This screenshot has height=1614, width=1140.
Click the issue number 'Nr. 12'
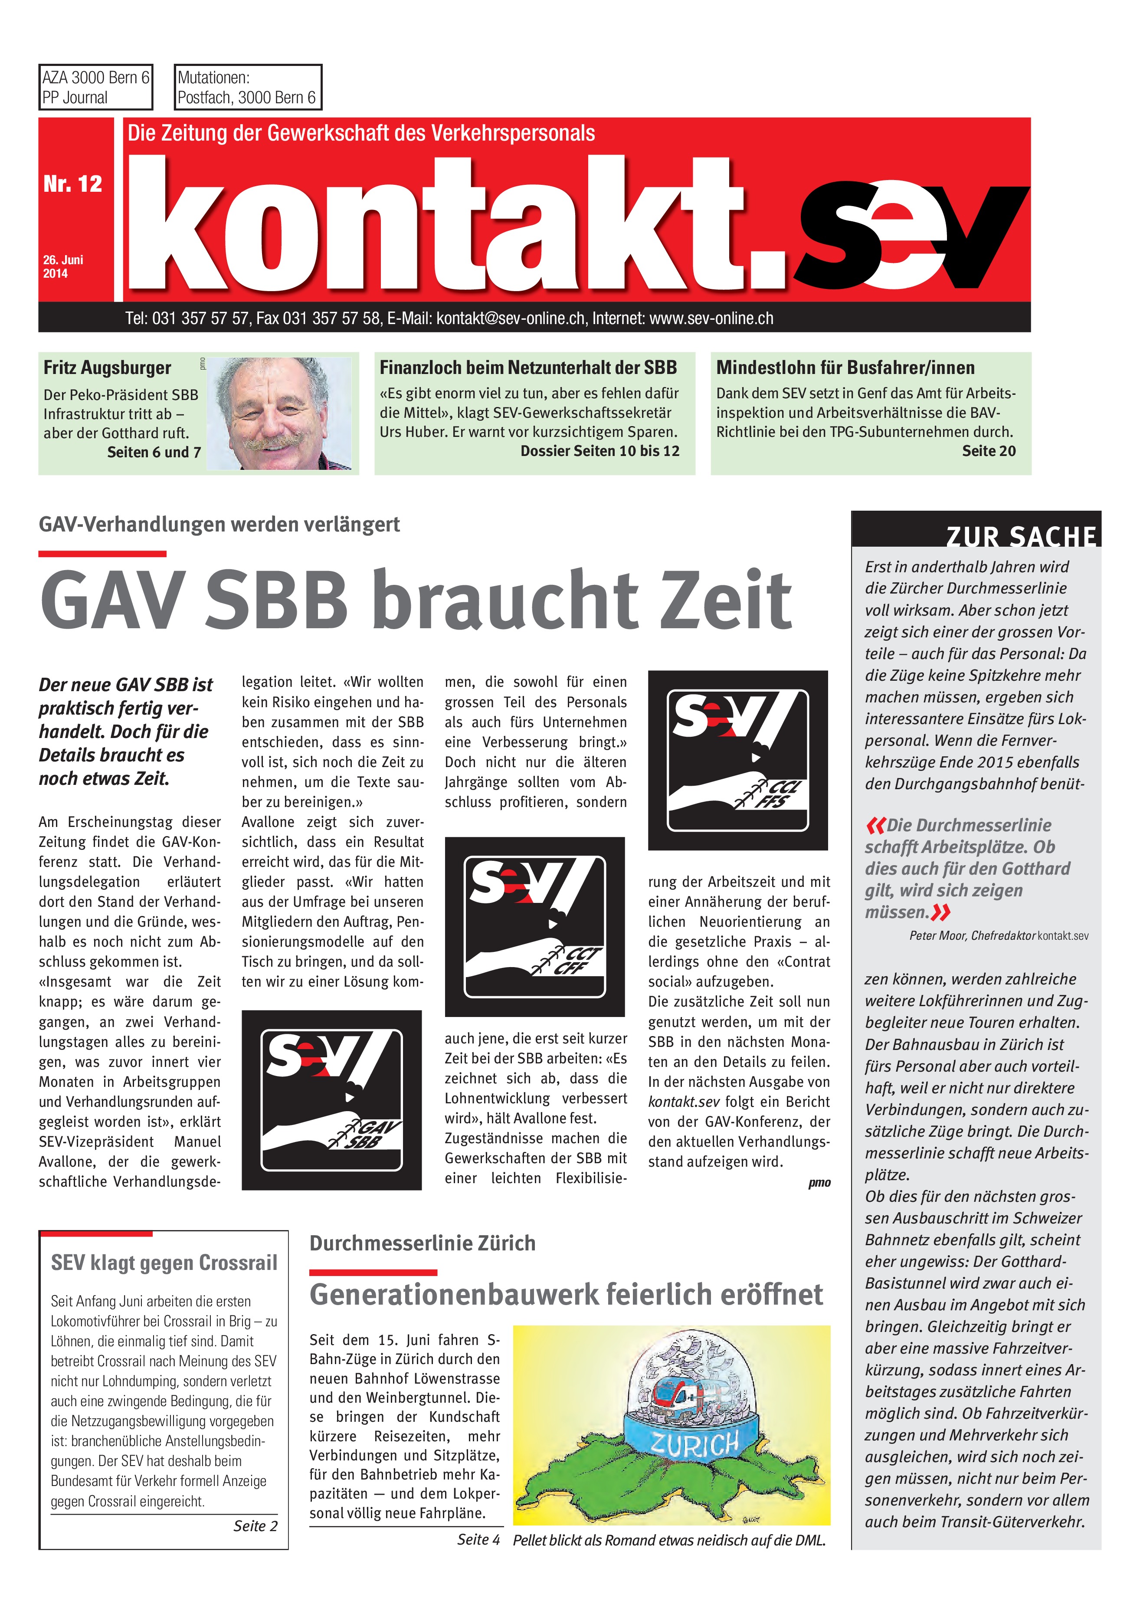click(72, 184)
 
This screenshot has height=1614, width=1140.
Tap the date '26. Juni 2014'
click(63, 266)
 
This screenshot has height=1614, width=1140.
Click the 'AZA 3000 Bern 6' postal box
click(95, 87)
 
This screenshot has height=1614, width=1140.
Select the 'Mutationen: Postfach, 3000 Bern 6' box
click(247, 87)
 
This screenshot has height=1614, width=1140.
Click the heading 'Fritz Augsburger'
click(107, 367)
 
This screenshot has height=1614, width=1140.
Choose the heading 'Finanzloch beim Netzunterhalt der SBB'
click(528, 367)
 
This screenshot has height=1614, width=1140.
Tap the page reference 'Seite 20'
click(988, 451)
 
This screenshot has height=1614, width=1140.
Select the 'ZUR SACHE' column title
click(1021, 536)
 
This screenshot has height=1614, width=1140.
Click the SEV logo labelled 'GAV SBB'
click(331, 1100)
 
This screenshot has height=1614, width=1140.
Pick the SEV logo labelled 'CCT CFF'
click(535, 926)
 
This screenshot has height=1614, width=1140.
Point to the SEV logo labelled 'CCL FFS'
click(737, 761)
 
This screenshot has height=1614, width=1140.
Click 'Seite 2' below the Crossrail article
click(255, 1525)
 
